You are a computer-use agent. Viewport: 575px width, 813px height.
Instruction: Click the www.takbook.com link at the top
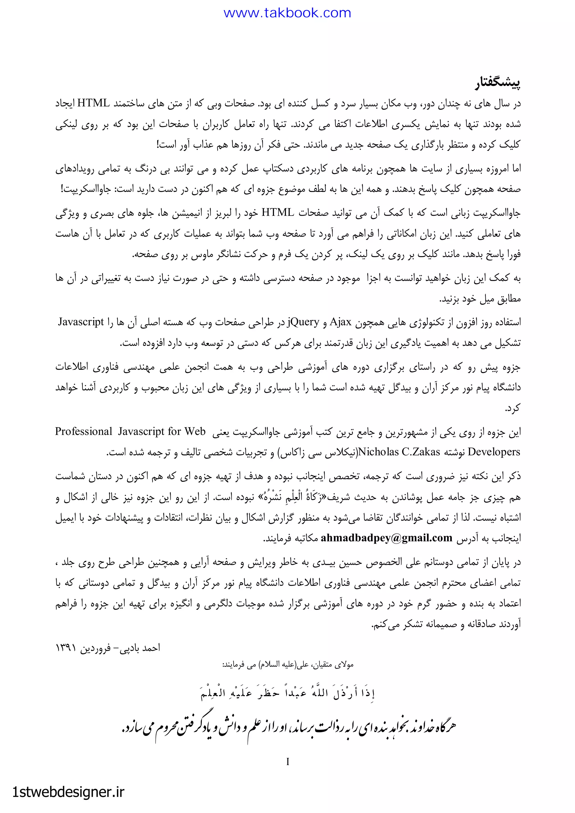pyautogui.click(x=287, y=13)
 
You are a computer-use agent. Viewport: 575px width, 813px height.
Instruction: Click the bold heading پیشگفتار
pyautogui.click(x=498, y=84)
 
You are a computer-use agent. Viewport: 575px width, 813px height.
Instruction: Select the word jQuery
pyautogui.click(x=304, y=322)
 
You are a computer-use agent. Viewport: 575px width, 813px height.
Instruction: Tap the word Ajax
pyautogui.click(x=340, y=322)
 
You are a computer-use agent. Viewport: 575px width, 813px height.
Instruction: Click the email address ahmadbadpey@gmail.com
pyautogui.click(x=386, y=538)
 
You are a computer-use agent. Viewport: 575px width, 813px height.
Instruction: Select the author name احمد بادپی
pyautogui.click(x=140, y=648)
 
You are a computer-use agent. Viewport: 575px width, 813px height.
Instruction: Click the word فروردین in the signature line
pyautogui.click(x=95, y=648)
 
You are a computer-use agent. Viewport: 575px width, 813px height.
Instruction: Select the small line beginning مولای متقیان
pyautogui.click(x=287, y=665)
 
